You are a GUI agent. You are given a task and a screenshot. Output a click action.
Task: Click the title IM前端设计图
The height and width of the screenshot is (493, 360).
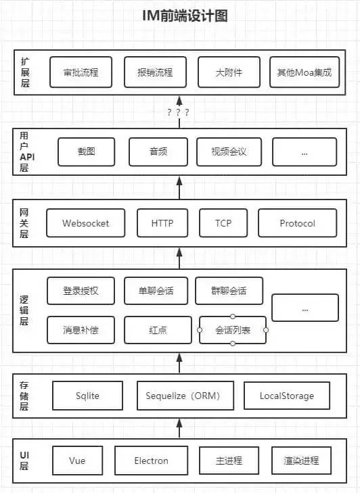point(179,16)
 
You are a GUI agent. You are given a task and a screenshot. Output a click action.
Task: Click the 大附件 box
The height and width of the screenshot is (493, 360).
point(229,72)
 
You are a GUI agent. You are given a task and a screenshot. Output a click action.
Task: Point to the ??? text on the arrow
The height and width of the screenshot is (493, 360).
point(178,112)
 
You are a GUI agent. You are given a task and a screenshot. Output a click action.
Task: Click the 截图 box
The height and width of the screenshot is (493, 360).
point(87,152)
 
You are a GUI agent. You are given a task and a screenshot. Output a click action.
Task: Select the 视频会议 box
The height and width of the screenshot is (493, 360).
point(229,152)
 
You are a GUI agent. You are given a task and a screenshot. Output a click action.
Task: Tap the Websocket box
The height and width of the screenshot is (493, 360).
point(85,223)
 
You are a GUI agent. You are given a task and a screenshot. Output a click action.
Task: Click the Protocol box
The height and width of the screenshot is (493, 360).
point(297,223)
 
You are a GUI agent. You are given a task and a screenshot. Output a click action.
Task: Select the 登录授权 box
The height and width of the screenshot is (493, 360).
point(81,291)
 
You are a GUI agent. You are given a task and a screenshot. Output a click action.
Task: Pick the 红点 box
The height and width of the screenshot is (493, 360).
point(158,330)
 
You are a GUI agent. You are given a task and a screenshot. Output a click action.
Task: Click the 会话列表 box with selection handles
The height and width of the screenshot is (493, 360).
point(232,330)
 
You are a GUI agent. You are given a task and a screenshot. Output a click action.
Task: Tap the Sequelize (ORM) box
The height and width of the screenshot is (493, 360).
point(183,396)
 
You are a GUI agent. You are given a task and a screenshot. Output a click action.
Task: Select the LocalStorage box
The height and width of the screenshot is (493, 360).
point(286,396)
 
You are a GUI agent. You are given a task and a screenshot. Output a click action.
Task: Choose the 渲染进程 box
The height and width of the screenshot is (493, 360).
point(301,461)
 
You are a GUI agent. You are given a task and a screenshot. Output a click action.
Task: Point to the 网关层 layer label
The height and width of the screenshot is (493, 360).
point(24,222)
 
